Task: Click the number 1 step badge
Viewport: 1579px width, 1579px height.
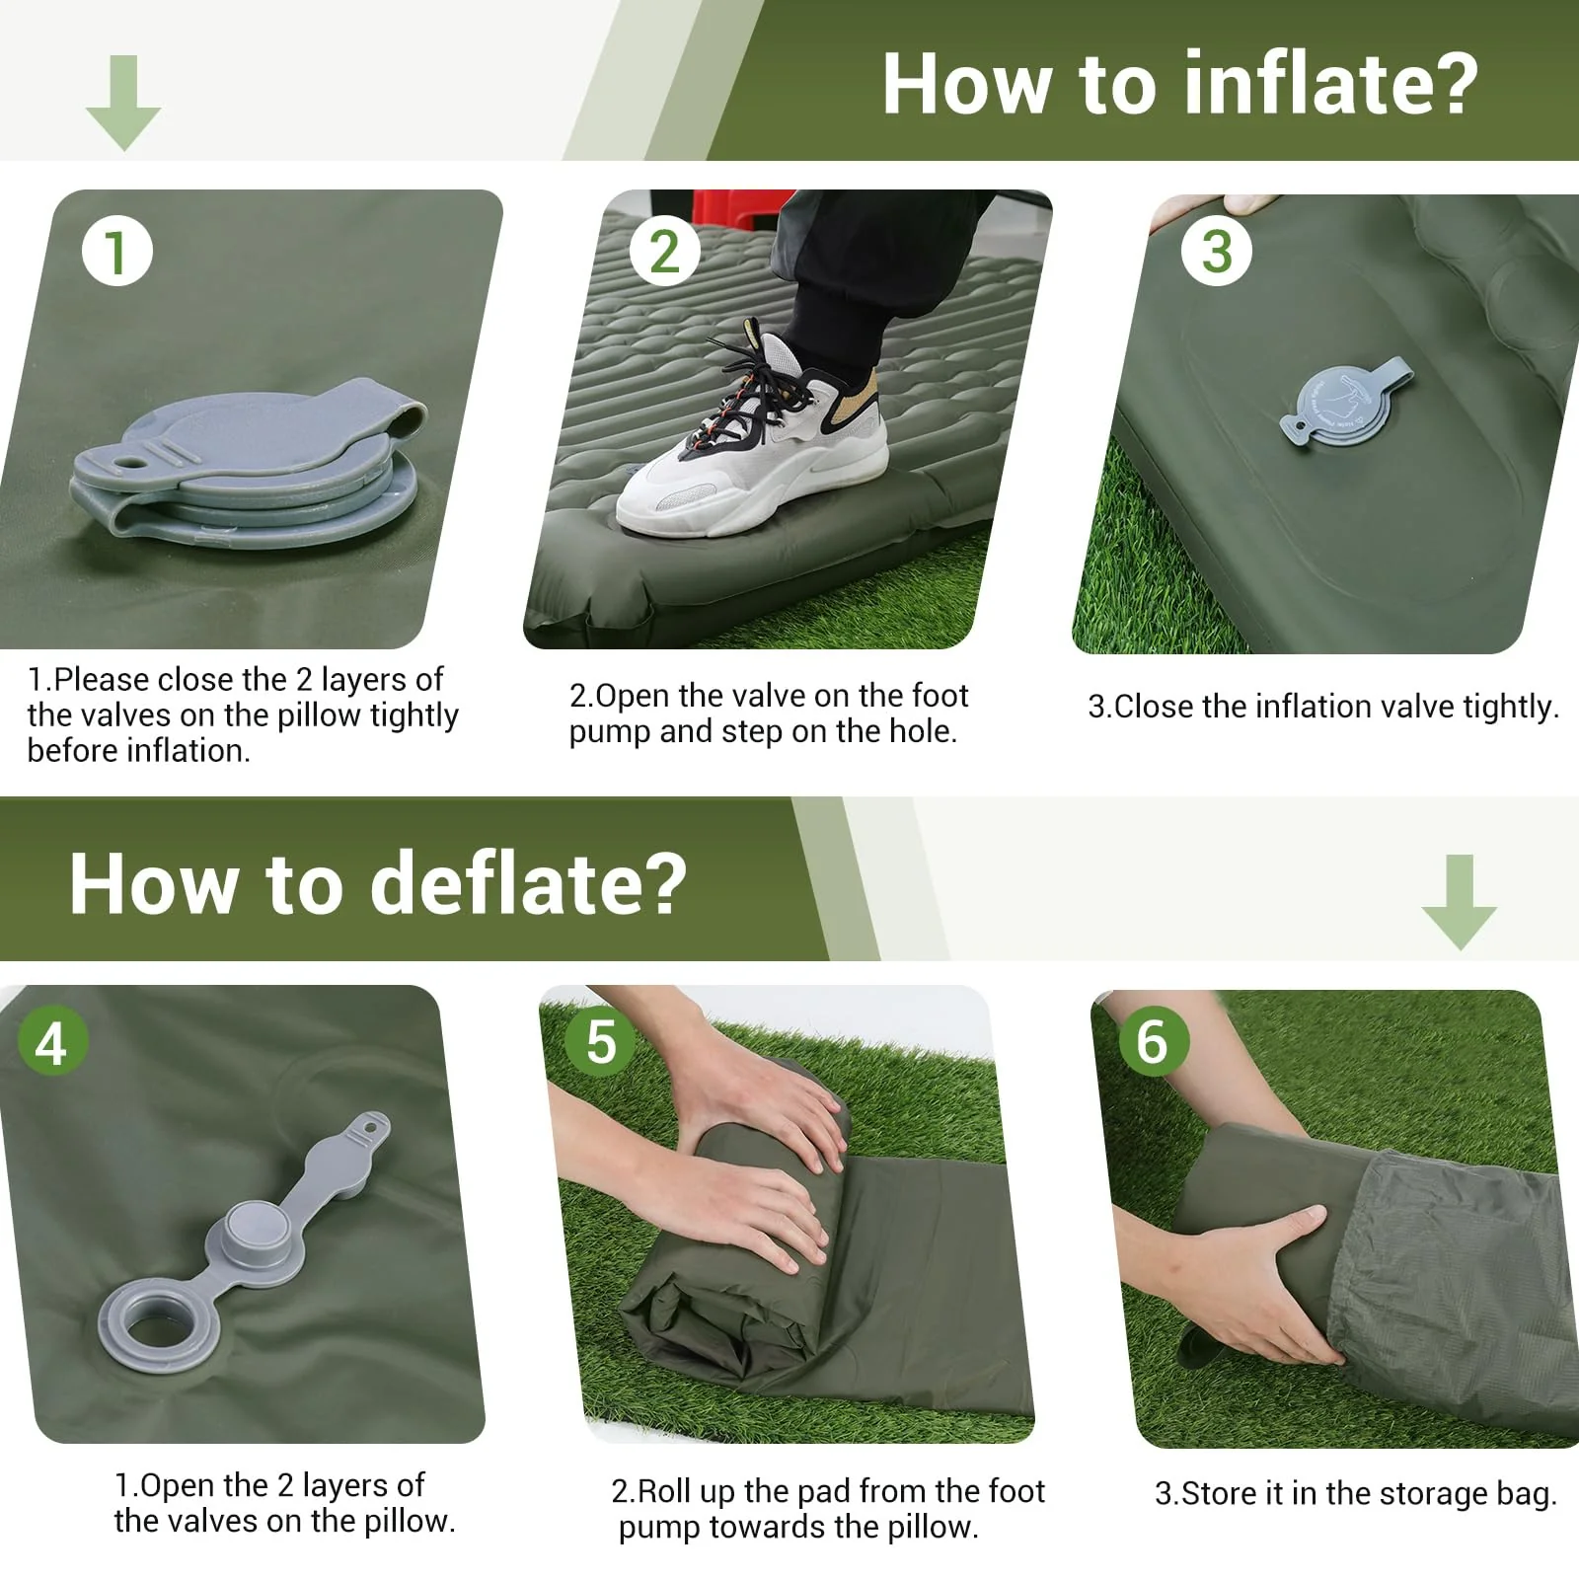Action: (117, 252)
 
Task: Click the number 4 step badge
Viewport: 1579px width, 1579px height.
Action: (52, 1042)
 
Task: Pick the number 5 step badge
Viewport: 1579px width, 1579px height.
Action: (601, 1042)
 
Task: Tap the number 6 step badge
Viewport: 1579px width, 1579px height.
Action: (1152, 1042)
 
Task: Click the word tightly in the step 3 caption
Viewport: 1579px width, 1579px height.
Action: (1510, 708)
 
